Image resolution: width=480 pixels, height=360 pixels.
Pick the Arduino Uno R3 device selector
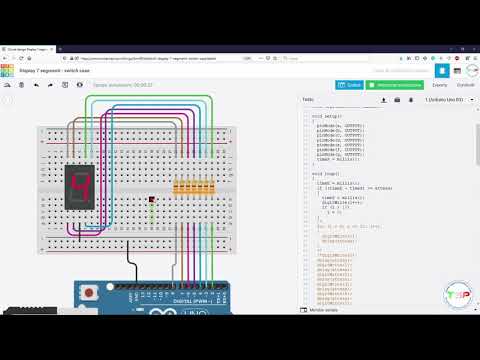(x=448, y=100)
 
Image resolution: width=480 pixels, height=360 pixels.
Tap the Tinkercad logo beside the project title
(x=7, y=70)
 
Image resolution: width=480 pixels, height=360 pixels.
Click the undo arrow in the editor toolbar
(x=36, y=85)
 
